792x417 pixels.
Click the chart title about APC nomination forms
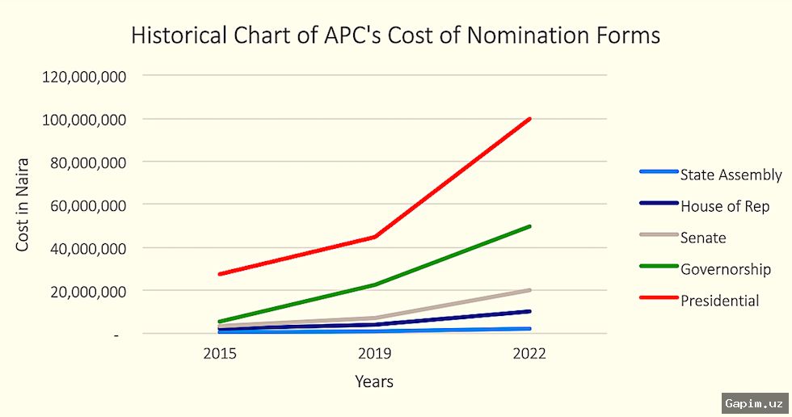(395, 36)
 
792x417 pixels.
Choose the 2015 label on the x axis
(219, 354)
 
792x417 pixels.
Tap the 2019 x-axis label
(374, 354)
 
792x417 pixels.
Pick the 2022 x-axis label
(529, 354)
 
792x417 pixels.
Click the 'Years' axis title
(374, 381)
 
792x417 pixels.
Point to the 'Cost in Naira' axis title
(23, 204)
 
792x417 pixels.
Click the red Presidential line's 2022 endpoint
(529, 119)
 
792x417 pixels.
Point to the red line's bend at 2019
(374, 237)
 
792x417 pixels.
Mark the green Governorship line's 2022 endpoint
(529, 226)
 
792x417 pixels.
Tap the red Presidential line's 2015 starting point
(219, 274)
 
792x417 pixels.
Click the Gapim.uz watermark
(755, 402)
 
